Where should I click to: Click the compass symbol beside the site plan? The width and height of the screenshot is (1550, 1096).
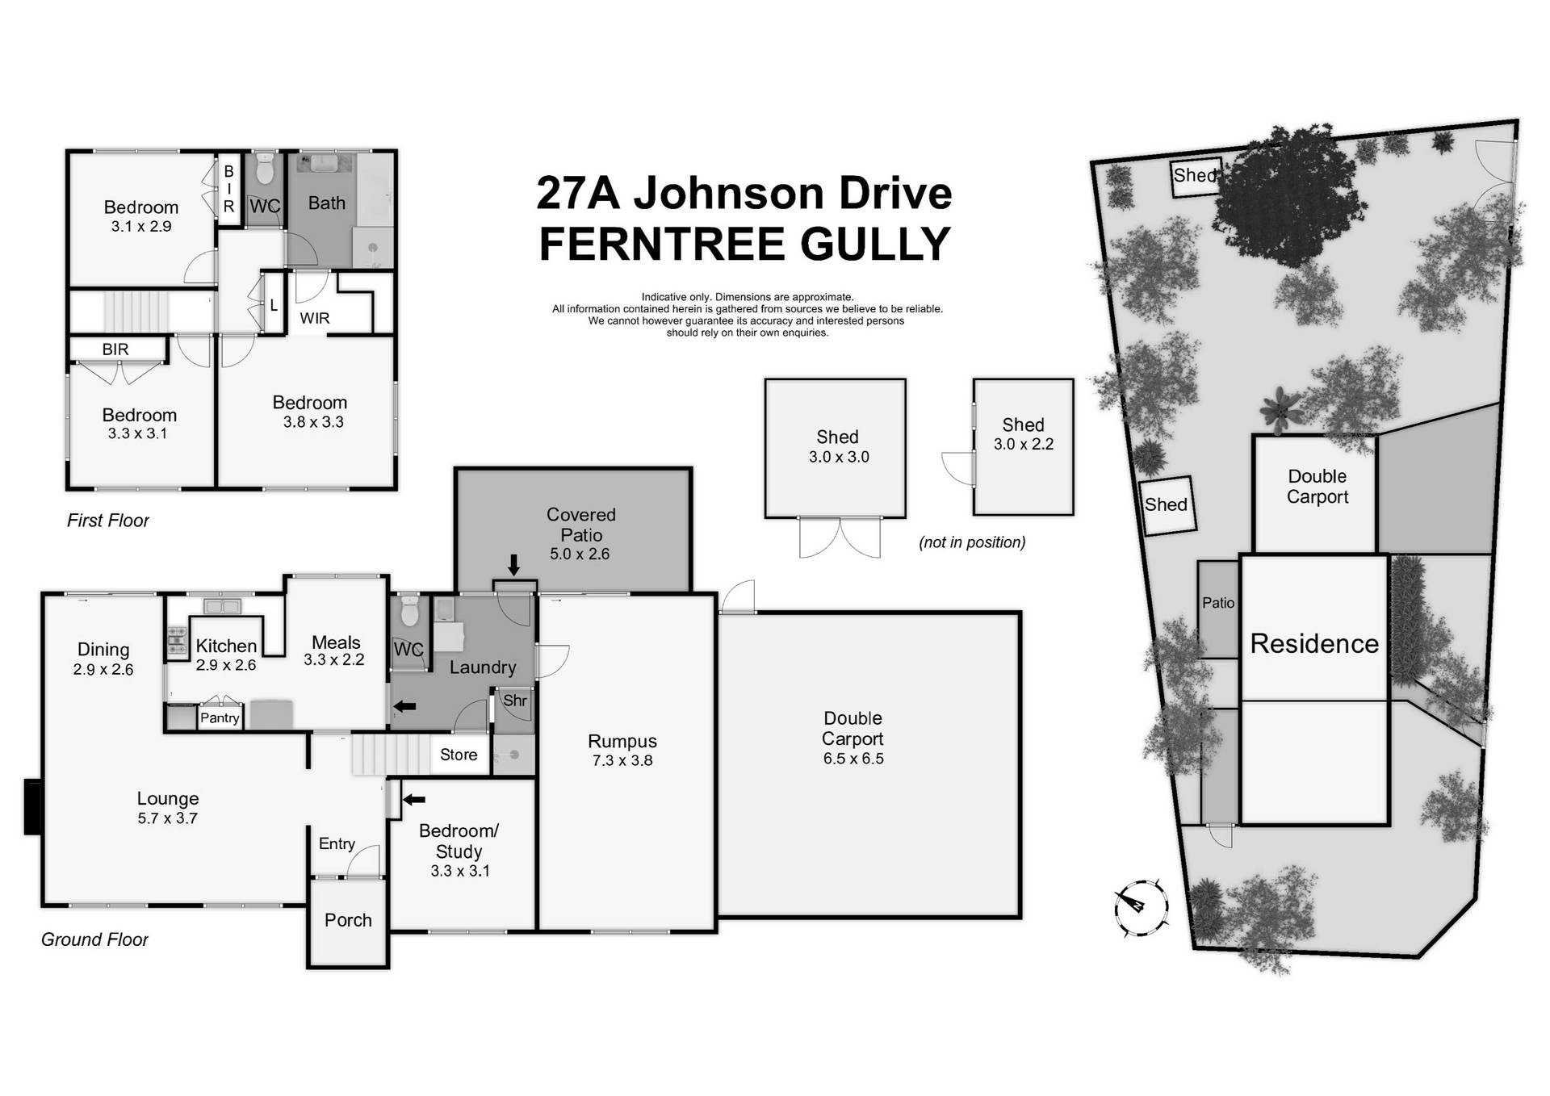pos(1141,907)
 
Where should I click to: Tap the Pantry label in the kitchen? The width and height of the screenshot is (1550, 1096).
pos(220,717)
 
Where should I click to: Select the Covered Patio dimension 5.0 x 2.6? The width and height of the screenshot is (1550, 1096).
pos(580,554)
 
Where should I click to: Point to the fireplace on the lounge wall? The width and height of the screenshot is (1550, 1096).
pos(33,806)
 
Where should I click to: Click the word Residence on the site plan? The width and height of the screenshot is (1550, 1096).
pos(1314,643)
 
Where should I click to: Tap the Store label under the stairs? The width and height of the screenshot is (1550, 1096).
pos(459,755)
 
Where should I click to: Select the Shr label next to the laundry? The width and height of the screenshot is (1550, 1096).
pos(514,701)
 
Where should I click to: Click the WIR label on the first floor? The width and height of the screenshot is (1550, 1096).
pos(315,318)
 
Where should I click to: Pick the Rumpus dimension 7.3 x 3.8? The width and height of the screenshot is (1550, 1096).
pos(622,760)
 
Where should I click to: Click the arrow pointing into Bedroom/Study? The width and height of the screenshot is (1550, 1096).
pos(414,800)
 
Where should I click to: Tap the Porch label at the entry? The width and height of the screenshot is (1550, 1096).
pos(348,920)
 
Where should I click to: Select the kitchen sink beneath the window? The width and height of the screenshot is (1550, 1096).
pos(222,605)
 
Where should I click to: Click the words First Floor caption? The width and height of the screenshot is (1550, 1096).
pos(108,521)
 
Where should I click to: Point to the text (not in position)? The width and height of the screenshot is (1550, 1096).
pos(972,542)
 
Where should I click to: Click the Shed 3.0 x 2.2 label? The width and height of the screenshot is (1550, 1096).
pos(1023,433)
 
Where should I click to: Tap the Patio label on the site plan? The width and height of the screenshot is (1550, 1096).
pos(1218,603)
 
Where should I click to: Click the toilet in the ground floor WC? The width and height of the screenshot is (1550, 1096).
pos(410,613)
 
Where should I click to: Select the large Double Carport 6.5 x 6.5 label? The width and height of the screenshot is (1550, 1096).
pos(852,738)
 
